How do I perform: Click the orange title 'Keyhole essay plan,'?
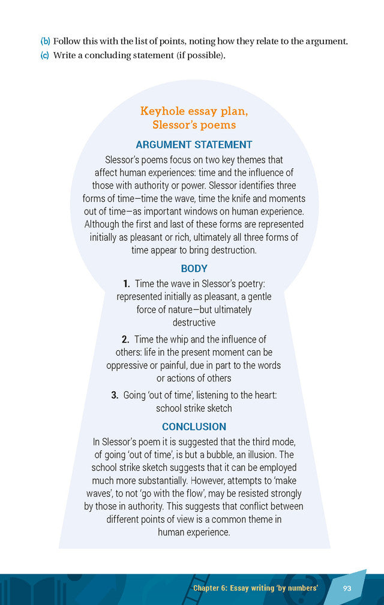(194, 111)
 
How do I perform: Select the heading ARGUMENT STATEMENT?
(194, 145)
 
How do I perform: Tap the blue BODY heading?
(194, 269)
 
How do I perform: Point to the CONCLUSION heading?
(194, 427)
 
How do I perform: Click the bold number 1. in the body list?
(126, 284)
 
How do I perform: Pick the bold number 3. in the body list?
(114, 395)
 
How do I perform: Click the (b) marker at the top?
(45, 41)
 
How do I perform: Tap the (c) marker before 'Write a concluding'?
(45, 56)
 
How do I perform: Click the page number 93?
(347, 588)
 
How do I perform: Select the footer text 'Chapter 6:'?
(212, 588)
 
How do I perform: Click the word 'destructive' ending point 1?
(194, 323)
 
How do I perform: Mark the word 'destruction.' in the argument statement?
(232, 250)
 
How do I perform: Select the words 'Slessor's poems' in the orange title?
(194, 125)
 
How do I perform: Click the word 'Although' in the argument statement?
(103, 224)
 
